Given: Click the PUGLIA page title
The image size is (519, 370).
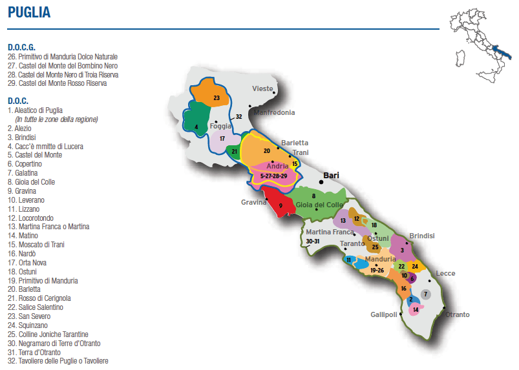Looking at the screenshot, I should click(29, 13).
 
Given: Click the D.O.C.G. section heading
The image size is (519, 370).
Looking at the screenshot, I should click(21, 47).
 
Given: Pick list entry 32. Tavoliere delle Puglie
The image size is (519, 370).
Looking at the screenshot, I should click(58, 361).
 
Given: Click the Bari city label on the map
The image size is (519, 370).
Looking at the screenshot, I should click(331, 175).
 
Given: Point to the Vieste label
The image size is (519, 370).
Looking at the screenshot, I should click(262, 88).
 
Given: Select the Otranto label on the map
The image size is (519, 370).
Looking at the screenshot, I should click(457, 314).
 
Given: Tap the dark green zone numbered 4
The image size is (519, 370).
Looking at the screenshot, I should click(197, 127).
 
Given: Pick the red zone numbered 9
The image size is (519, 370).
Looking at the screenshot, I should click(281, 205).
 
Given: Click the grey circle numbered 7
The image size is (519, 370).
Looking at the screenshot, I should click(425, 294).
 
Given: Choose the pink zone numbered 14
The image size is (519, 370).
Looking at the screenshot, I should click(416, 310).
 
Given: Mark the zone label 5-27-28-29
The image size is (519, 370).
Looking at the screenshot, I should click(273, 176).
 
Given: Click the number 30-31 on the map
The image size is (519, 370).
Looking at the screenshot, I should click(313, 241).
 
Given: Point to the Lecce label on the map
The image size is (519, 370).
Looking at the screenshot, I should click(445, 273).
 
